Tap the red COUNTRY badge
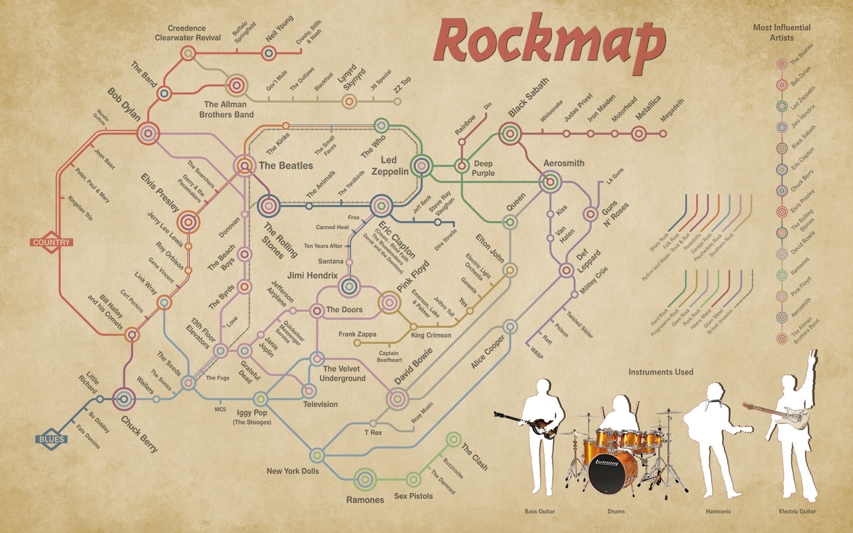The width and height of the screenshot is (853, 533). point(51,243)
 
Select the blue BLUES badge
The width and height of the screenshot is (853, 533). point(52,440)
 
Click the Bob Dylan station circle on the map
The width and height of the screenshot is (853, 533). point(148,133)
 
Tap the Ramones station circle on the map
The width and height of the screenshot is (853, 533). point(366,479)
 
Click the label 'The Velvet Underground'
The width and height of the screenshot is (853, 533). point(342,374)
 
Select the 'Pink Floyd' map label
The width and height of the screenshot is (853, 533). point(413,276)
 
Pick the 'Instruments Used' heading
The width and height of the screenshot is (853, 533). point(661,372)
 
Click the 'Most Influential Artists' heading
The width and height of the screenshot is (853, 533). point(782,33)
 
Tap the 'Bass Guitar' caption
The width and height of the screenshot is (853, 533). point(540,511)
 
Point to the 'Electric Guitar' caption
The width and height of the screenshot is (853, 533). point(797,511)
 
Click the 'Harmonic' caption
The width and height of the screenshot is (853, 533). point(718,511)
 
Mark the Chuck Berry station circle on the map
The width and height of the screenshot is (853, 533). point(124,398)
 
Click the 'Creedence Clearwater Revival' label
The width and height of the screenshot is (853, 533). point(187,33)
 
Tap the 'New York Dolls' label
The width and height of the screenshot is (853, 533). point(293,471)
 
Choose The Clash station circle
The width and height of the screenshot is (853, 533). point(454,440)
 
